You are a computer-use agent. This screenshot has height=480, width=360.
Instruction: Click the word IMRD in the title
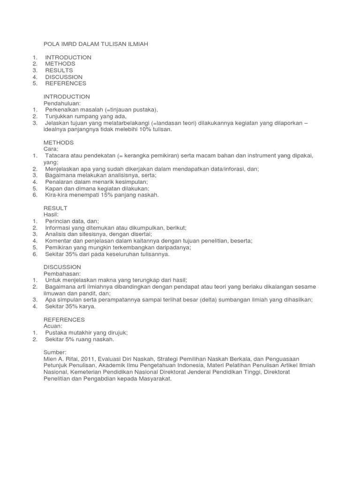pos(71,44)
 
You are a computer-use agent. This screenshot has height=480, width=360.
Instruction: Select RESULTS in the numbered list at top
pos(59,70)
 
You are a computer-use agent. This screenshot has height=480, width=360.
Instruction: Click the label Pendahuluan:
pos(62,103)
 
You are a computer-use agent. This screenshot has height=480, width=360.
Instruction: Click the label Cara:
pos(51,149)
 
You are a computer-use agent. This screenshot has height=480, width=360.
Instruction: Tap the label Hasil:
pos(52,215)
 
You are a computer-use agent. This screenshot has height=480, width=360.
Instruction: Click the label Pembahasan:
pos(62,274)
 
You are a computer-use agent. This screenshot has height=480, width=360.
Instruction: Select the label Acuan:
pos(53,326)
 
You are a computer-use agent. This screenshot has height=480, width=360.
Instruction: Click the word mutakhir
pos(83,333)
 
